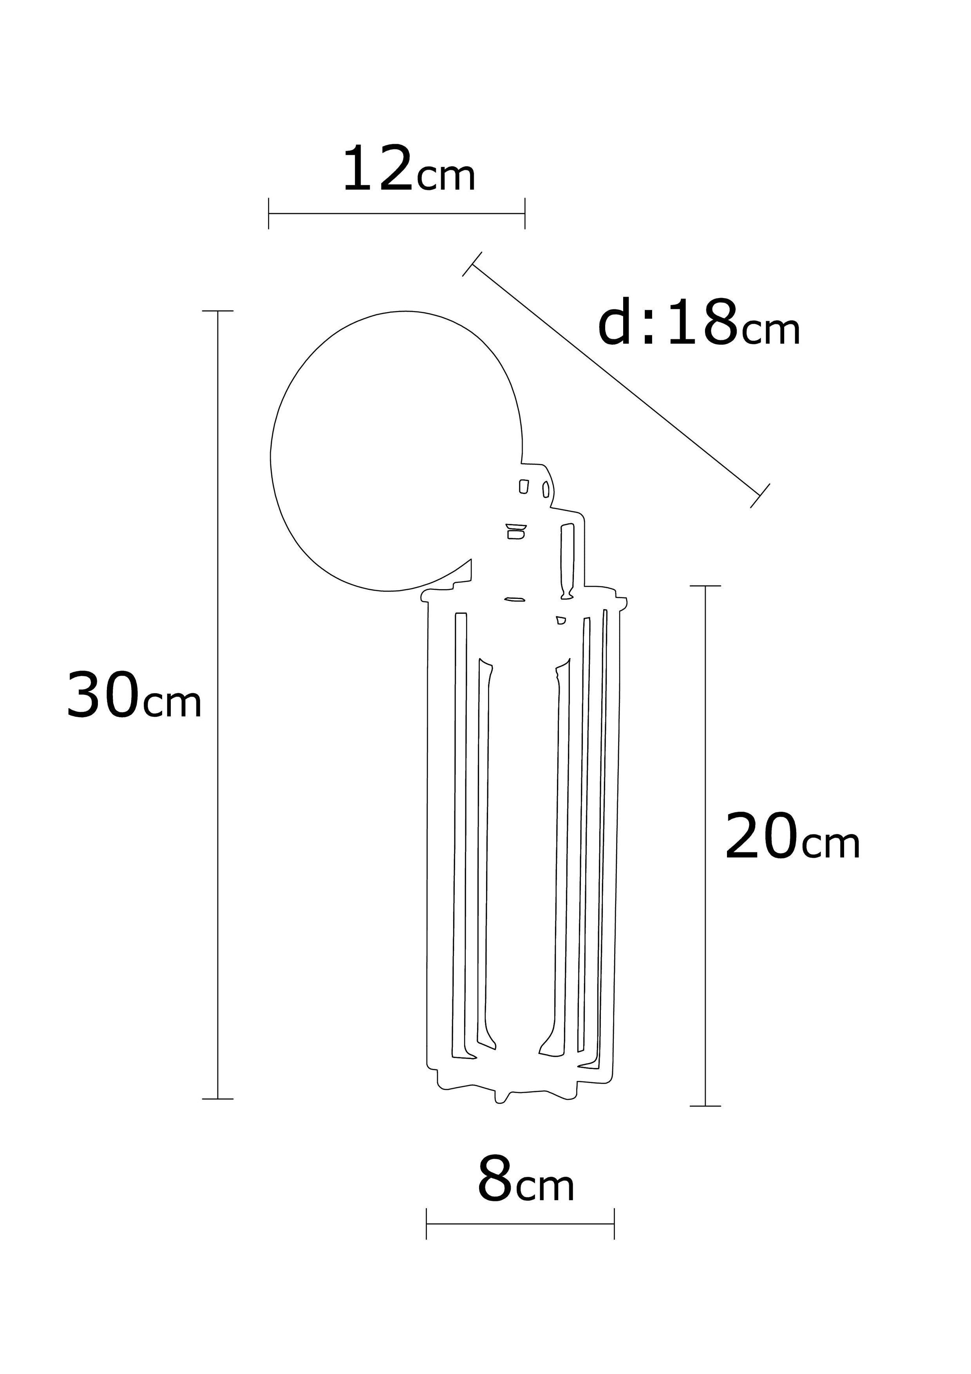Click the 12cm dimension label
(409, 170)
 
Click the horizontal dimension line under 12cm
(397, 213)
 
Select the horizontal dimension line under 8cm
(520, 1223)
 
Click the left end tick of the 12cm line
(269, 213)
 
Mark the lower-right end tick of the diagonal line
(760, 495)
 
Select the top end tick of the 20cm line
(705, 586)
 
